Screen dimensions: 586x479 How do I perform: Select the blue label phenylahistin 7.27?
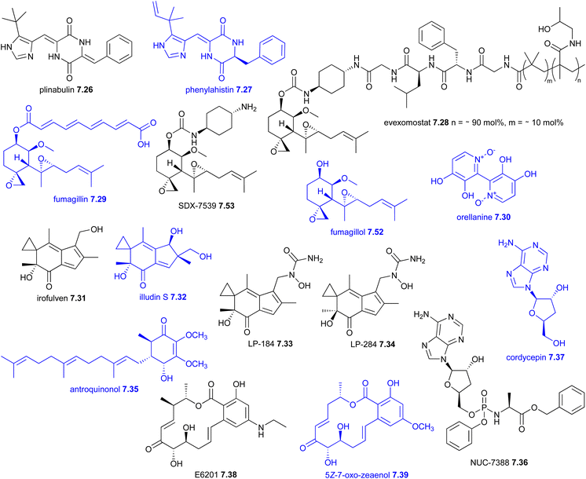pos(218,90)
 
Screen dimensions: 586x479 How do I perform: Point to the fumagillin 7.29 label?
pos(79,199)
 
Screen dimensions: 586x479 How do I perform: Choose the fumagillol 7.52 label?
pos(357,232)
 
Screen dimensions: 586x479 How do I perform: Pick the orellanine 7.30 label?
pos(484,217)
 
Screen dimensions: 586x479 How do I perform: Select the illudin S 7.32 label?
pos(162,298)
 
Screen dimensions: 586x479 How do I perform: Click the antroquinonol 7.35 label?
pos(104,389)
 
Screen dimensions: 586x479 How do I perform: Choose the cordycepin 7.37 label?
pos(535,357)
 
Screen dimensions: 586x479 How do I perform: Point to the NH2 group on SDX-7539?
pos(249,108)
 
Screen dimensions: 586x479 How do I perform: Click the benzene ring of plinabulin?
pos(119,49)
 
